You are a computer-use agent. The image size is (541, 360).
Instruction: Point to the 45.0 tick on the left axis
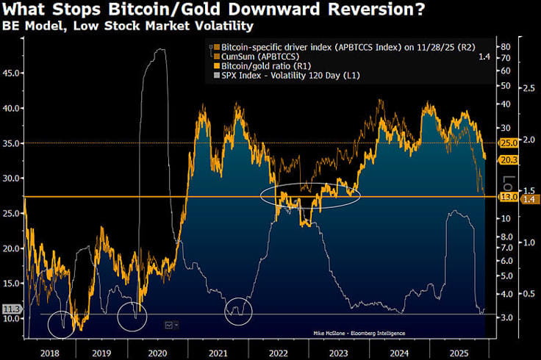point(12,73)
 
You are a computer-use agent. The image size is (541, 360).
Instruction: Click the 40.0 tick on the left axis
point(12,108)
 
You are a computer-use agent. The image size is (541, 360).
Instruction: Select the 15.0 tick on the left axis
point(12,284)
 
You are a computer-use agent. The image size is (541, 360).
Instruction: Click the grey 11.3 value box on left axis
point(10,309)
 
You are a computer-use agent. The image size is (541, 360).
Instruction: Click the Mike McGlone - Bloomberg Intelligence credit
point(357,333)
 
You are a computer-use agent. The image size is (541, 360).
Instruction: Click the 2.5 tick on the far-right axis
point(528,88)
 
